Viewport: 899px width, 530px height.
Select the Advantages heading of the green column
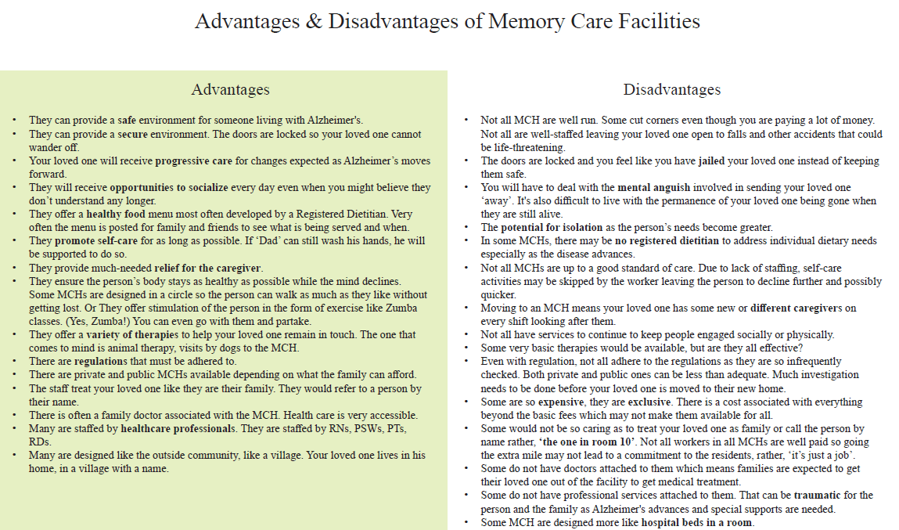coord(230,90)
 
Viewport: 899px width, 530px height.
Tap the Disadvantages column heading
coord(672,90)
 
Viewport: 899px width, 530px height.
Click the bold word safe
coord(127,121)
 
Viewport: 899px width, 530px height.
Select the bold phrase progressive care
coord(194,161)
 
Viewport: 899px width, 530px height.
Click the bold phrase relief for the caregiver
coord(208,268)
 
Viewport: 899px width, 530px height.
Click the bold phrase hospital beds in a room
coord(697,522)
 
